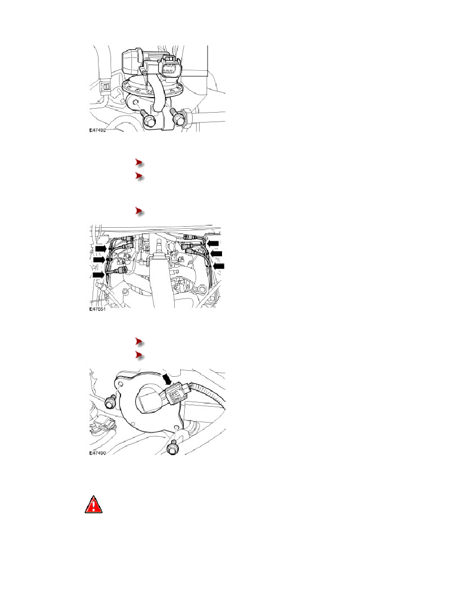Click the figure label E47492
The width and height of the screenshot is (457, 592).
click(98, 130)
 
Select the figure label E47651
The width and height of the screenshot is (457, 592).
click(98, 309)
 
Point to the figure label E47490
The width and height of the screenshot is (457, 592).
click(98, 452)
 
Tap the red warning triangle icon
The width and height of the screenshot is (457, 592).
click(94, 504)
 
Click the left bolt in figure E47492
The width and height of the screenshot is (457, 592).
click(147, 118)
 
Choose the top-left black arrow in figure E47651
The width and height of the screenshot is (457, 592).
click(101, 249)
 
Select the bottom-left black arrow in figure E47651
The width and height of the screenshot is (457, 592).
click(99, 275)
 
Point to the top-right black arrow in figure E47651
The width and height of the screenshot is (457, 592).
click(213, 243)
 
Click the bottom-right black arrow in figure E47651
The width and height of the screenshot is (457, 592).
click(219, 266)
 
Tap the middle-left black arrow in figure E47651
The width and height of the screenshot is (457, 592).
click(99, 260)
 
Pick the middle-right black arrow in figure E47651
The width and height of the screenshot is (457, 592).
click(217, 254)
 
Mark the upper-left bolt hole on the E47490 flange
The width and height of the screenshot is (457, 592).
click(121, 384)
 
